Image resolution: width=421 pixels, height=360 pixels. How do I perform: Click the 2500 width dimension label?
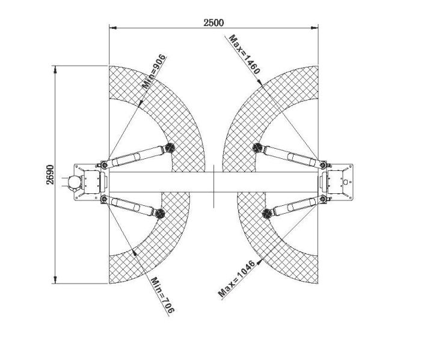214,22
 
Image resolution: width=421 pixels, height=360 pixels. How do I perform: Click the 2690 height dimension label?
50,175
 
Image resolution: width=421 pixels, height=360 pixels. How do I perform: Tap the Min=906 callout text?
154,72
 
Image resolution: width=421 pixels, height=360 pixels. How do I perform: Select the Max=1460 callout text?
245,54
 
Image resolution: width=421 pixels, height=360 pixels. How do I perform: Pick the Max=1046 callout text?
236,279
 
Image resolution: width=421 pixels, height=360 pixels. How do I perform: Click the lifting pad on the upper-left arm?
170,147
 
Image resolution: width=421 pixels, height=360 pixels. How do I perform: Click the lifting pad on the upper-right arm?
257,147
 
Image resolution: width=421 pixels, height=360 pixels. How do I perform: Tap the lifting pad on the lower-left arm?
160,214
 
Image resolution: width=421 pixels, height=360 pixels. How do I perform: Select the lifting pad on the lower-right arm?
267,214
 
